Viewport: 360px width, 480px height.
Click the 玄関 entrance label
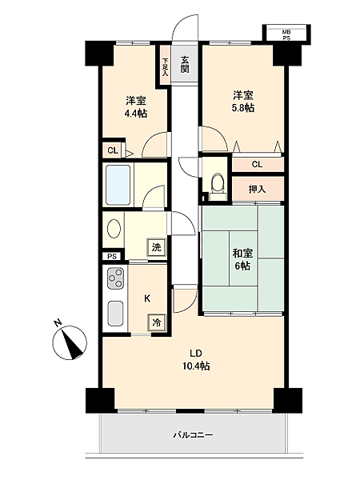point(184,64)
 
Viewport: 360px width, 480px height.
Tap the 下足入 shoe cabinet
point(166,66)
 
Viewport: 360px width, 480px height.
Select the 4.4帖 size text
point(135,114)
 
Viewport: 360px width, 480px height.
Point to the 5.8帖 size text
point(243,108)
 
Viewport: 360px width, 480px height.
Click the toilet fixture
point(218,186)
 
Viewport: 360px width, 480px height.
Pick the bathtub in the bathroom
point(118,185)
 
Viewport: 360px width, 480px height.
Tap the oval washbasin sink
point(114,229)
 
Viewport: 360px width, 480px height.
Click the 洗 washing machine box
point(157,246)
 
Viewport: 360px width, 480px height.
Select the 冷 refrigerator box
point(157,322)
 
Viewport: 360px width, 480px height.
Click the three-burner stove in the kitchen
point(116,278)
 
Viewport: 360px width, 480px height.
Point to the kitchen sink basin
point(116,314)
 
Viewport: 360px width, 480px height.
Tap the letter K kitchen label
point(147,298)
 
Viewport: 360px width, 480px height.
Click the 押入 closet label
point(257,190)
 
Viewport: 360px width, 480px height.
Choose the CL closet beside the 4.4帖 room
point(112,150)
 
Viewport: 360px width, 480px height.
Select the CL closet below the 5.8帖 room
point(258,164)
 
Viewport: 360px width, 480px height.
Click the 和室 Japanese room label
point(242,253)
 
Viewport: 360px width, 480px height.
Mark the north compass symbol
point(69,342)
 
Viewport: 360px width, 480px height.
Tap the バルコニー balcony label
point(193,435)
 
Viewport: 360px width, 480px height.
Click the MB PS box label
point(286,35)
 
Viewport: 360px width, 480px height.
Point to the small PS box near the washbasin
point(112,256)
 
